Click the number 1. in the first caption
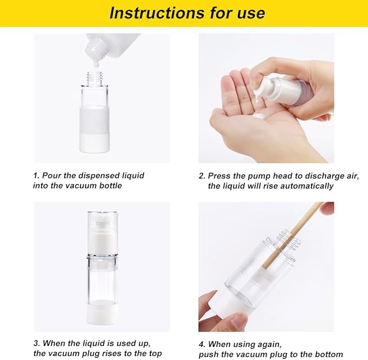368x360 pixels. coord(37,176)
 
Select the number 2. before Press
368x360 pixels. coord(202,176)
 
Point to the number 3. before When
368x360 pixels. coord(37,344)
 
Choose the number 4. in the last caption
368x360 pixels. coord(202,344)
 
